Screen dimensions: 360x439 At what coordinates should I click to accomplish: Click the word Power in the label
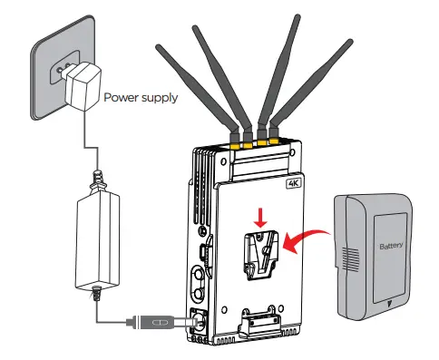point(122,96)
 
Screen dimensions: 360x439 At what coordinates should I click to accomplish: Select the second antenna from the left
point(235,73)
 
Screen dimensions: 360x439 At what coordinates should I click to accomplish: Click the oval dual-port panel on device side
point(199,287)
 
